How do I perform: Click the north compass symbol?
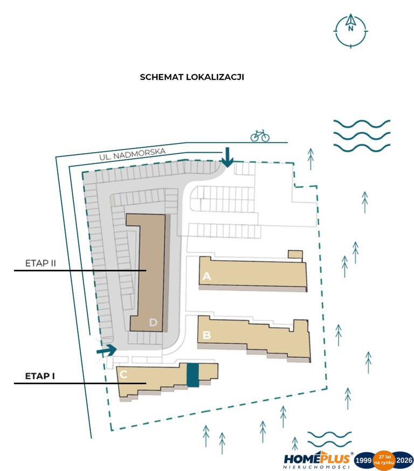tap(350, 31)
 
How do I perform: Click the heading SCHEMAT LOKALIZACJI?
tap(192, 77)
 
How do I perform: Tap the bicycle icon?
tap(260, 135)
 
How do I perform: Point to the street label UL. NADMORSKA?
tap(133, 154)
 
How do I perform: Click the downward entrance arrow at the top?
tap(227, 157)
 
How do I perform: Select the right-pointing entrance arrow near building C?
tap(107, 350)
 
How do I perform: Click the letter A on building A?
tap(206, 276)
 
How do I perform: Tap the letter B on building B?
tap(207, 335)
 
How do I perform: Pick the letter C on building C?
tap(123, 374)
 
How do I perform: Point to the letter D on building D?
tap(153, 322)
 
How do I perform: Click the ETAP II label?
tap(40, 263)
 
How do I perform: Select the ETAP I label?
tap(40, 376)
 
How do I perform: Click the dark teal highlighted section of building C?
tap(193, 375)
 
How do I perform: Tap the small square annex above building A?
tap(295, 254)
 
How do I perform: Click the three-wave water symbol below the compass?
tap(362, 136)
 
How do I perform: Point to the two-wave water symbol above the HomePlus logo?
tap(329, 439)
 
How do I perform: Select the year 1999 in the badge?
tap(363, 460)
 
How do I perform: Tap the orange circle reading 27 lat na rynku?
tap(384, 460)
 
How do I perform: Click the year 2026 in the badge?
tap(404, 460)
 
